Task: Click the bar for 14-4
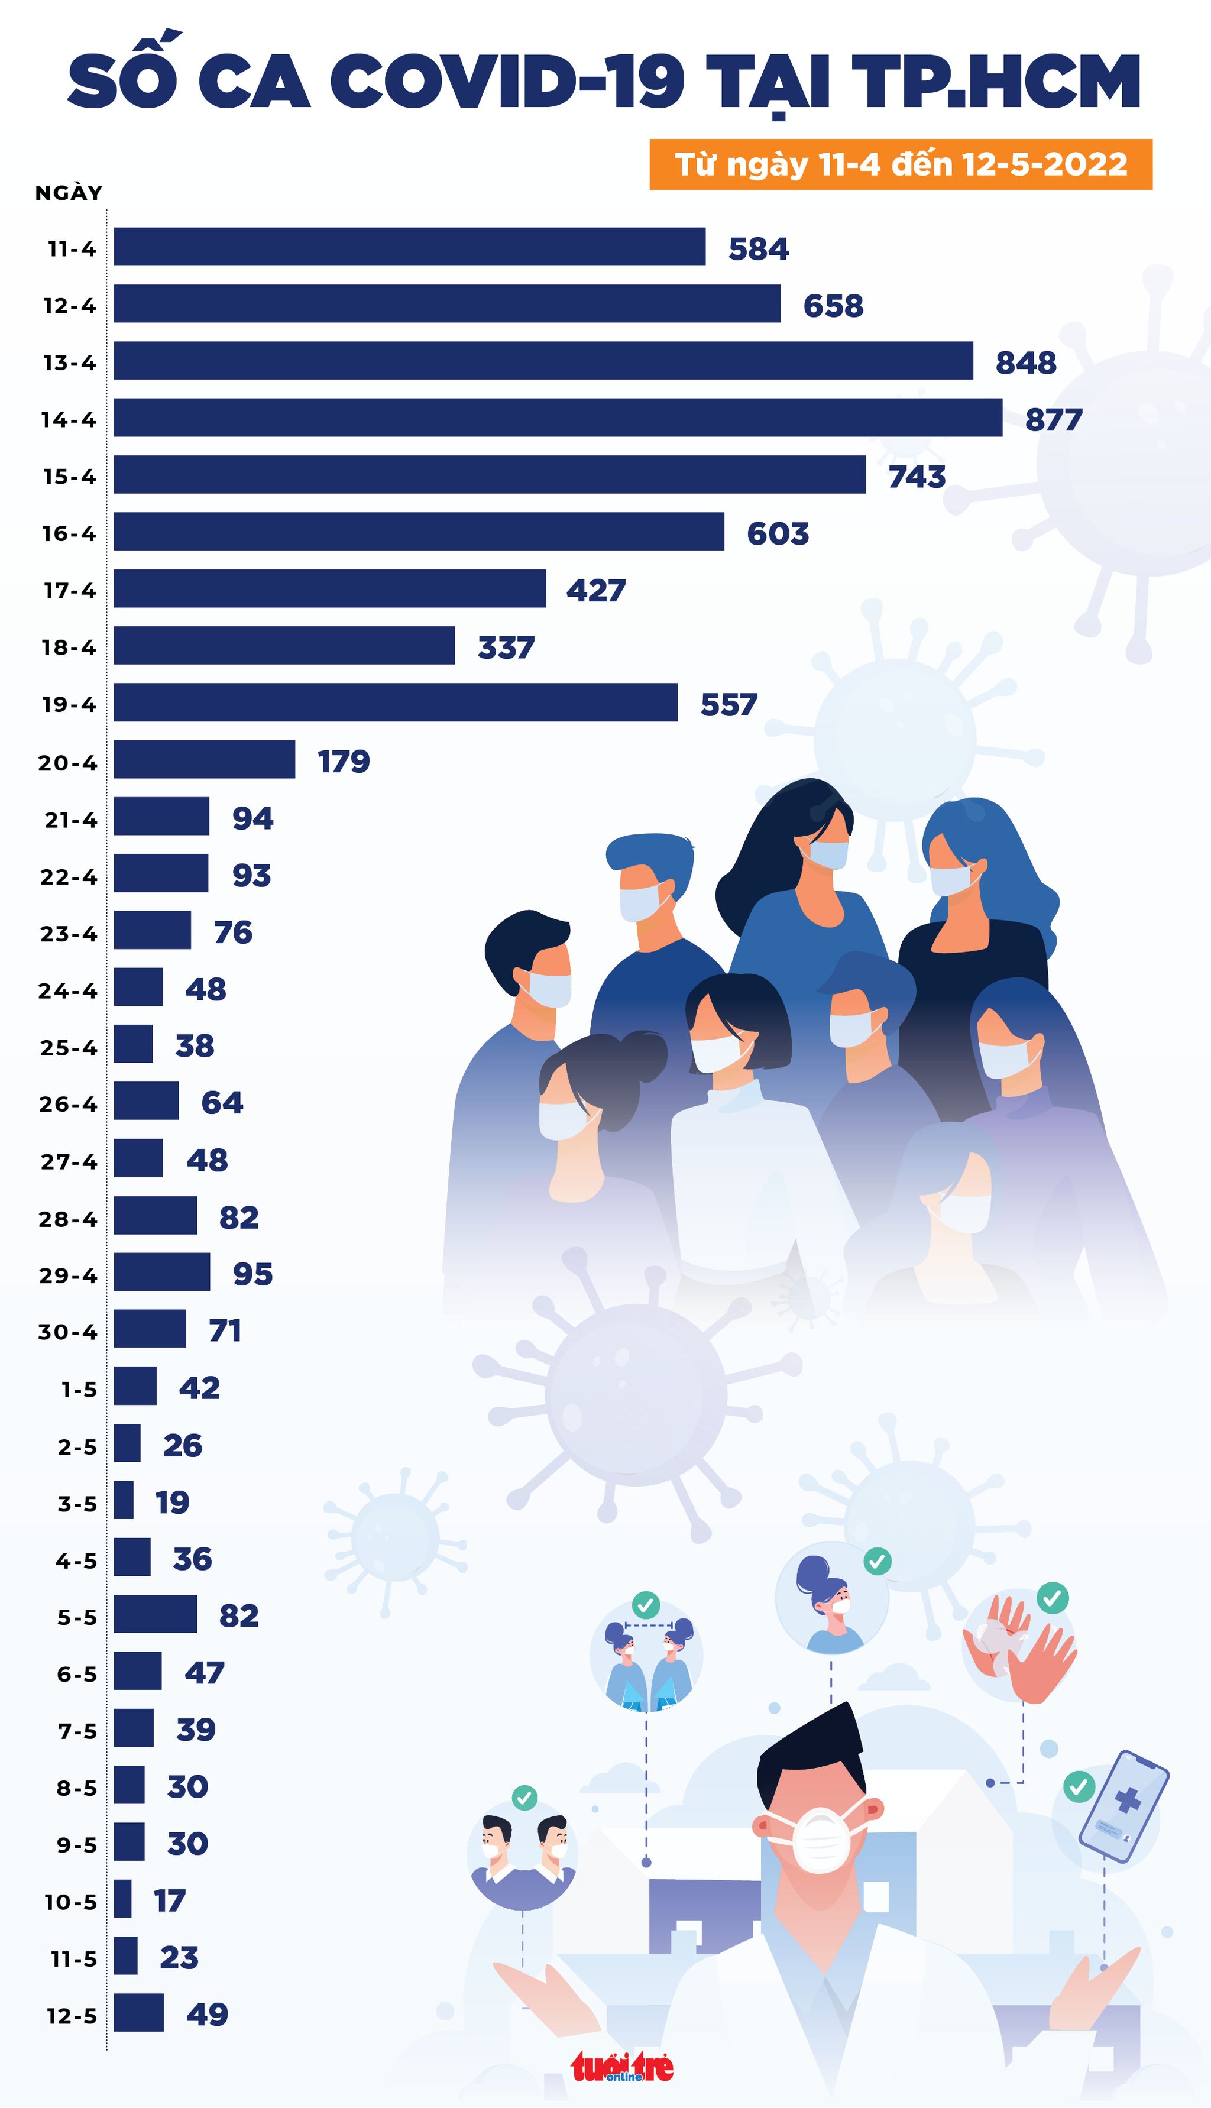557,417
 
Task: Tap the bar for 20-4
204,759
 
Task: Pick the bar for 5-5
155,1614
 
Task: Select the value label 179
344,761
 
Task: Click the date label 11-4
72,248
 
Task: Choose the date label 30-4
67,1332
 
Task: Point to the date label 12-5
72,2016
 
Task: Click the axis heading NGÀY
68,193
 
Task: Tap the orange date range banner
900,164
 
